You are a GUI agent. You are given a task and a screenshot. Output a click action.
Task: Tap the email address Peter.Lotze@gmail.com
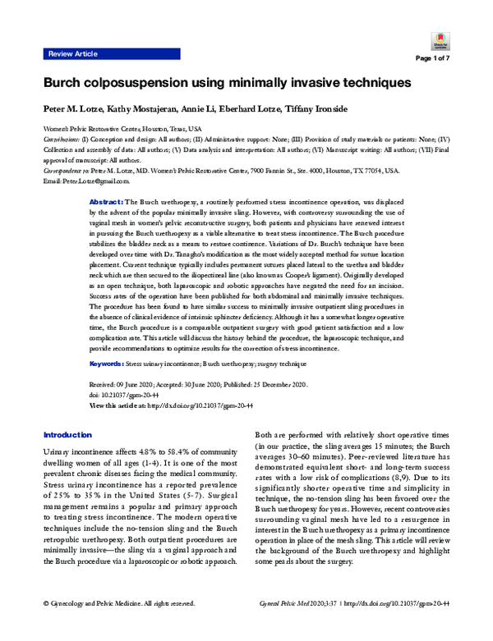87,180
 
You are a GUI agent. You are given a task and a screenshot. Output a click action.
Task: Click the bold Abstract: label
105,201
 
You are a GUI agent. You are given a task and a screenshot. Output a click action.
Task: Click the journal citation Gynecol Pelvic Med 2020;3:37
334,626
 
